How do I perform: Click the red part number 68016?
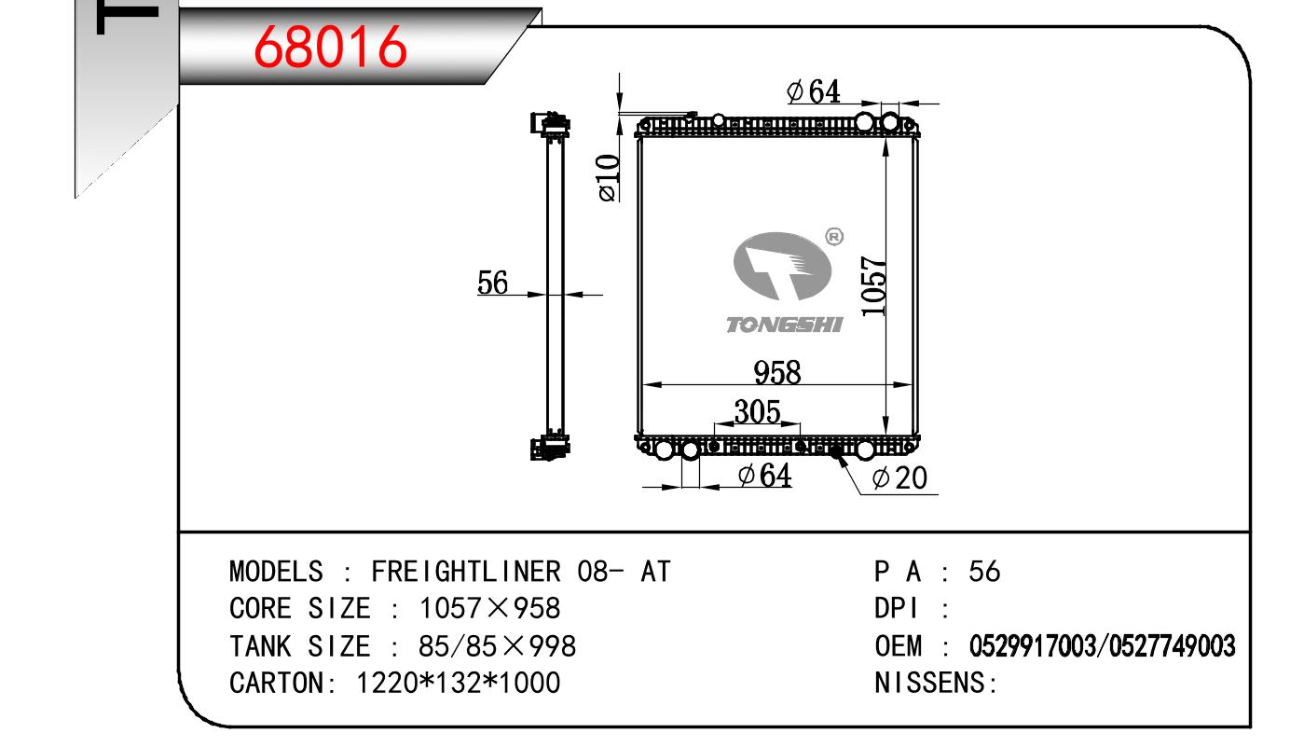click(x=330, y=48)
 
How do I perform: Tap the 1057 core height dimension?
click(x=873, y=286)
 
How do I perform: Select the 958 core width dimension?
click(x=777, y=373)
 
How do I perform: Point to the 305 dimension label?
click(x=757, y=411)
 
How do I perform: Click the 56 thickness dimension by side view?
click(x=492, y=283)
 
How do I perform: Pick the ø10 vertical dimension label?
click(x=609, y=178)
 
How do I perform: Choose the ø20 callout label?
click(x=899, y=478)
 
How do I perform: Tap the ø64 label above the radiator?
click(x=814, y=91)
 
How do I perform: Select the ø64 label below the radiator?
click(x=764, y=475)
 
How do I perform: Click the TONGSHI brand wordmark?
click(x=785, y=325)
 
